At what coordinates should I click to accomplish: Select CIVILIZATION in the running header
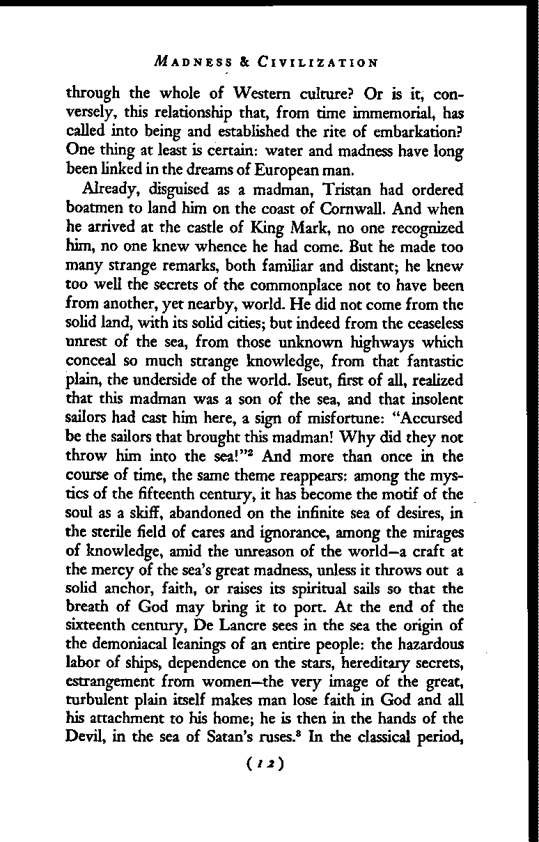coord(318,63)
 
